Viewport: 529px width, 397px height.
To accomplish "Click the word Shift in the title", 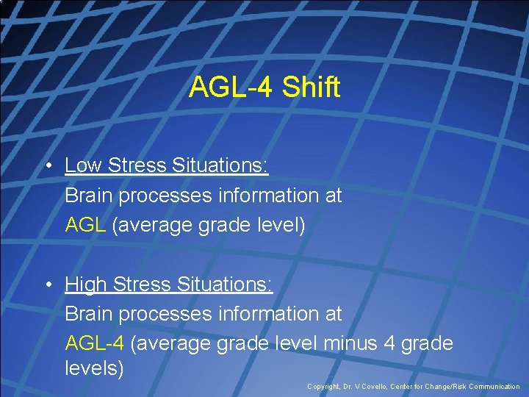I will pos(311,87).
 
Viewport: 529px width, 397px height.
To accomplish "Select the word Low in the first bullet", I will pos(83,165).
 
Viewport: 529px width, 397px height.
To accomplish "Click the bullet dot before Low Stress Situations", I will pos(46,166).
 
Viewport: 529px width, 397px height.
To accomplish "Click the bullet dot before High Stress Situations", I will pos(46,285).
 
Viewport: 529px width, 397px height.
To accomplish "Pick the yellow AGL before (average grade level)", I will pos(86,224).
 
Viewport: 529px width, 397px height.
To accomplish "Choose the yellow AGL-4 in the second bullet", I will pos(96,343).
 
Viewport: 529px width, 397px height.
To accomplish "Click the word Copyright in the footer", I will pos(324,387).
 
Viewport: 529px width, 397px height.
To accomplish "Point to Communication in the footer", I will pos(496,387).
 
